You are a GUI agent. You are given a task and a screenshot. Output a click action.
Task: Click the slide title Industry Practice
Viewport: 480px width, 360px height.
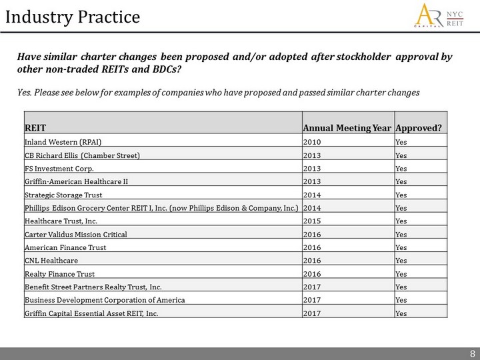(73, 17)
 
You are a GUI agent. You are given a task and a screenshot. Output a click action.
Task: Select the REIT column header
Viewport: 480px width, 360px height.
(35, 127)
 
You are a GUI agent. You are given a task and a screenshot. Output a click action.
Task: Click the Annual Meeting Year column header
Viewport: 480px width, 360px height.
(347, 127)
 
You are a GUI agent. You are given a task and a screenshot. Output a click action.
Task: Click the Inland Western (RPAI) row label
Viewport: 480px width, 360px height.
(63, 143)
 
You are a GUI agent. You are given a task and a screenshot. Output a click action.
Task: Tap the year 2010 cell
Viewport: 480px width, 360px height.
(311, 143)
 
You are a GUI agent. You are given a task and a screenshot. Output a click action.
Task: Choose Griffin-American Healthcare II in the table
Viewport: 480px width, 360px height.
(75, 181)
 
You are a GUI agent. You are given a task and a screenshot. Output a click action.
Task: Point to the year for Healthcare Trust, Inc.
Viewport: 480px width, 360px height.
(311, 221)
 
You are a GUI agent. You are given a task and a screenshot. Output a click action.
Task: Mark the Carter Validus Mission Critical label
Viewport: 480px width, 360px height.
(75, 234)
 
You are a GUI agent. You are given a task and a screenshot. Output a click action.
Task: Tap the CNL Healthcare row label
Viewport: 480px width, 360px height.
(51, 261)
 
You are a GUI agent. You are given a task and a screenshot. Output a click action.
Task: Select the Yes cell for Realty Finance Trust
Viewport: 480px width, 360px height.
(401, 274)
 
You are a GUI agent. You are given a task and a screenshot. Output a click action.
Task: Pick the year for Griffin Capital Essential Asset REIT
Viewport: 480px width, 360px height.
(311, 313)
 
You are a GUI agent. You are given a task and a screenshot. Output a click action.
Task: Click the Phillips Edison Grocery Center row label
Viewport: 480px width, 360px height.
(162, 207)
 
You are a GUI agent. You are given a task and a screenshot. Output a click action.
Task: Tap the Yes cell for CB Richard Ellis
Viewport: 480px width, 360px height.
(401, 155)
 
